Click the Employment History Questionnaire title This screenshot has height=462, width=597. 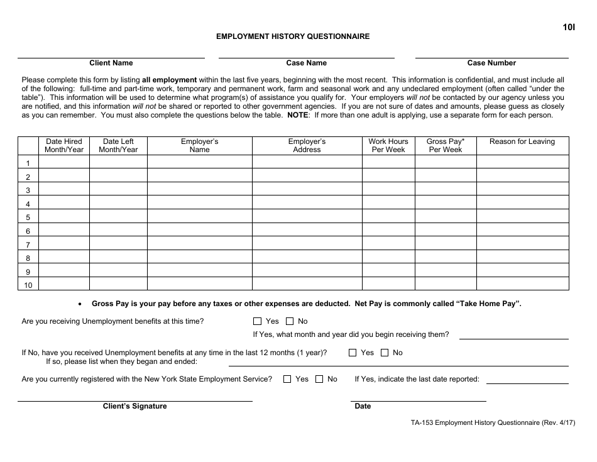click(293, 36)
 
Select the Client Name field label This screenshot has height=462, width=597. click(111, 63)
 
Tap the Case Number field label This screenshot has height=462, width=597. click(491, 63)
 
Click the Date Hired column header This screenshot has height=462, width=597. click(64, 146)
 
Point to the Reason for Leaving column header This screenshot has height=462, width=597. click(522, 142)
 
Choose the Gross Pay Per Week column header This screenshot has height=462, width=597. click(446, 146)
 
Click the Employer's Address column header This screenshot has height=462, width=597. click(307, 146)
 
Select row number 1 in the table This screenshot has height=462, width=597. click(28, 163)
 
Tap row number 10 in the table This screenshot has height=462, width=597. click(28, 285)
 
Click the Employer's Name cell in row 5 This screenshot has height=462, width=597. click(199, 217)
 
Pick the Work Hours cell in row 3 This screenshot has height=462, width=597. click(388, 190)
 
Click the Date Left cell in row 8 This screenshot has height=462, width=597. click(118, 258)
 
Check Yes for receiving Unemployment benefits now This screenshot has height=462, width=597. click(257, 321)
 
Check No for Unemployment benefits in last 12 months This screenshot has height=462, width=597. click(385, 353)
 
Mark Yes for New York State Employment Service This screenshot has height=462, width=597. click(287, 379)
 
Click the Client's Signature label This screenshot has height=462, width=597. click(135, 406)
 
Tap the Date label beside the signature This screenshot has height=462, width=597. click(363, 406)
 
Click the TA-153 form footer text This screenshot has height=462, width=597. click(488, 422)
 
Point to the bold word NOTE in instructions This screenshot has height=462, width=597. click(298, 115)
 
